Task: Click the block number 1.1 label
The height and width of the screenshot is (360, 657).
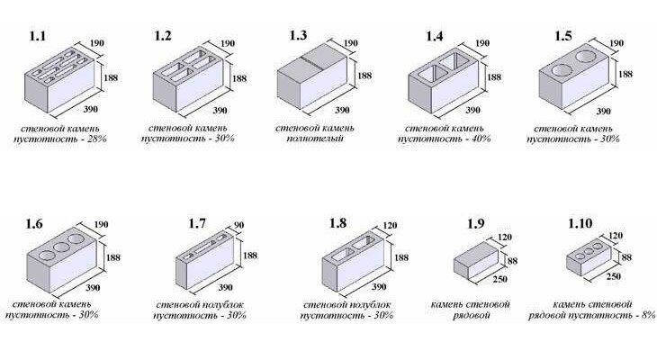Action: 37,36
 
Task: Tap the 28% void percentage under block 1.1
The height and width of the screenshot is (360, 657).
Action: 97,139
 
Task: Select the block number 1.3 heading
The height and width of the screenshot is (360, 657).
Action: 298,35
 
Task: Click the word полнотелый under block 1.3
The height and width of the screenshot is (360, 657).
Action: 315,139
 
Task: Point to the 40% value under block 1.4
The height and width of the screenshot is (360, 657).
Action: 481,139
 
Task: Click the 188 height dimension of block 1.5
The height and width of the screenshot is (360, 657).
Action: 625,74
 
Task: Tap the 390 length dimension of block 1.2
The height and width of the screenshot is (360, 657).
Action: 220,110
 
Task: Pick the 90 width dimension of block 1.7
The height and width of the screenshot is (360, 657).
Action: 238,226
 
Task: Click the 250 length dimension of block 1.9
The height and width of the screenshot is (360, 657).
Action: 499,279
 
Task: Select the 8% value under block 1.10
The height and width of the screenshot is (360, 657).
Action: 648,315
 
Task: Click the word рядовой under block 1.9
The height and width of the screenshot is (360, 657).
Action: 472,315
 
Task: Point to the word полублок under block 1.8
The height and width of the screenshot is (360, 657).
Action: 369,305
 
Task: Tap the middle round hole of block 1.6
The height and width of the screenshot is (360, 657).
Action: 61,247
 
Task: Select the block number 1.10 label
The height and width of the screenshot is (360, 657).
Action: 580,223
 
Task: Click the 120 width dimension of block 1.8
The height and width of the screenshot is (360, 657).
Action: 390,226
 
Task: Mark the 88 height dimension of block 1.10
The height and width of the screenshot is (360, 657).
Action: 626,256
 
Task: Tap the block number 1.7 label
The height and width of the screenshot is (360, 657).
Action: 197,223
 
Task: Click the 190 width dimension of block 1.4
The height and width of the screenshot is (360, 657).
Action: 482,43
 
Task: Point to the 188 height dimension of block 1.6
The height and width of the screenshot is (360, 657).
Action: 113,256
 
